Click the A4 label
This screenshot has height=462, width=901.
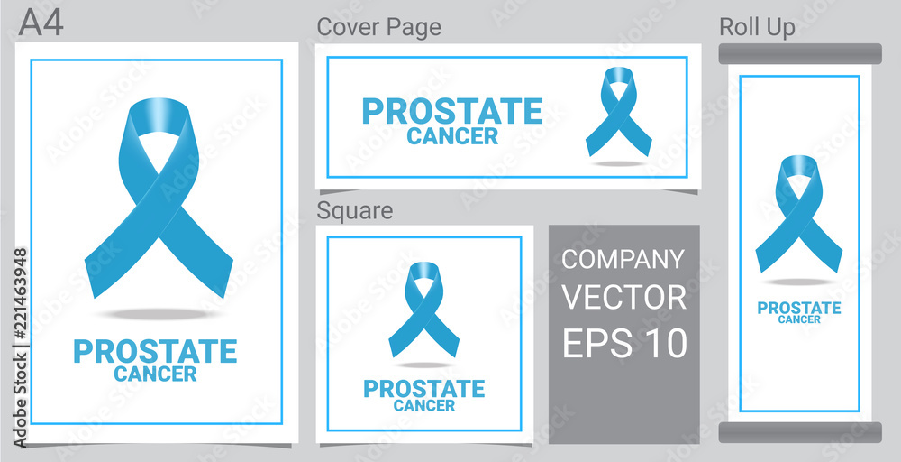41,23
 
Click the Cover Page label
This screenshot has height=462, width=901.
378,27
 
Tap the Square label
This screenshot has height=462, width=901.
354,210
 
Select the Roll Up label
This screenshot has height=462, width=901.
758,27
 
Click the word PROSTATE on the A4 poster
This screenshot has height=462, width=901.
155,352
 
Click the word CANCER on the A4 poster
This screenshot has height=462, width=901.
155,374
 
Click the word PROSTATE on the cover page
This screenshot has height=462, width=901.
452,112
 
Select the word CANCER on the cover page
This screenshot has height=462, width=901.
452,136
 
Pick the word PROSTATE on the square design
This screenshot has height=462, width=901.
424,389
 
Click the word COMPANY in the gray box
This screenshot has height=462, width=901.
623,260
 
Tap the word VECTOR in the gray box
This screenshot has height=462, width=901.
624,298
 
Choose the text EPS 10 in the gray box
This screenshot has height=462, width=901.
624,343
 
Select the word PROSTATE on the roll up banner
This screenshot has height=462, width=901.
799,309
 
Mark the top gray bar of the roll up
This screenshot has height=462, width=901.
800,53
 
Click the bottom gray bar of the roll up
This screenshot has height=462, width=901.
800,432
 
